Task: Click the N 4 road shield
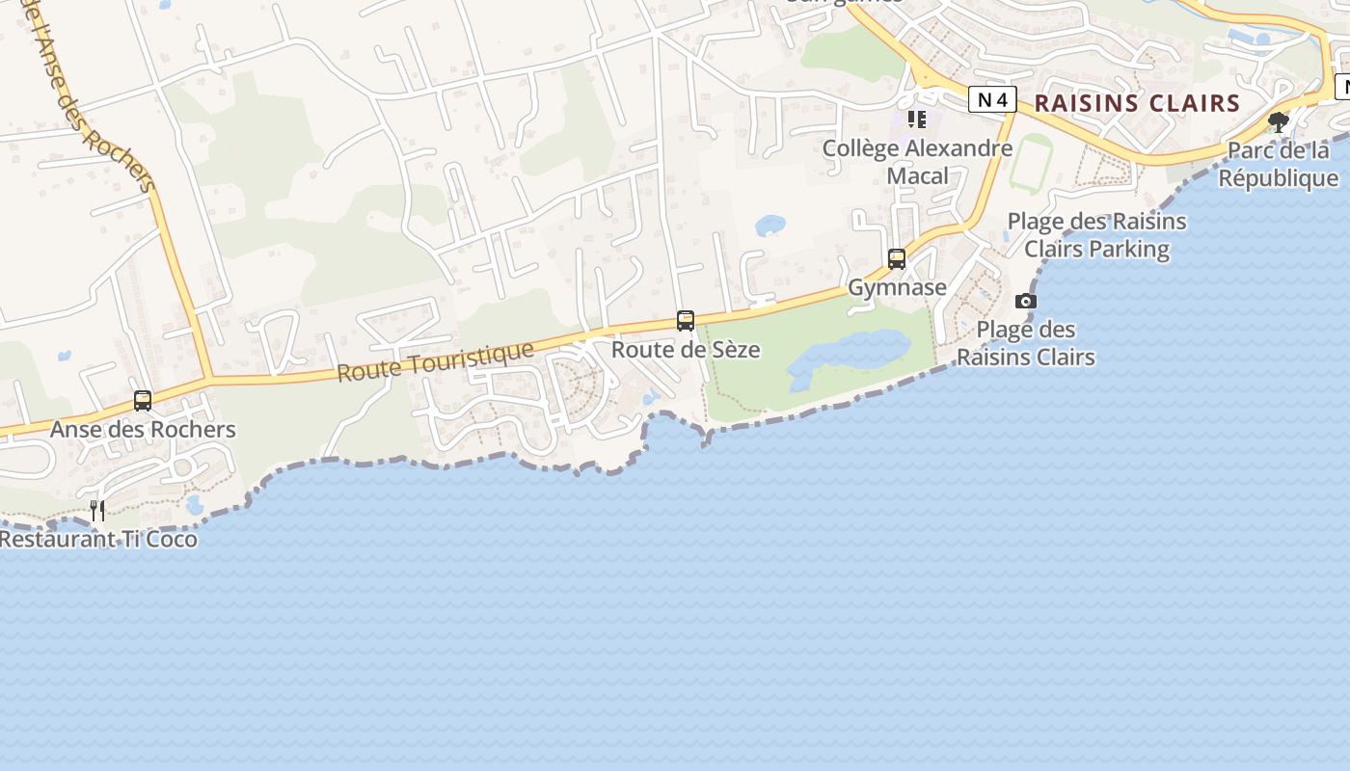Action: point(992,99)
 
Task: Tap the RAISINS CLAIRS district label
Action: point(1137,103)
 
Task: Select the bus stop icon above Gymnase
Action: point(897,258)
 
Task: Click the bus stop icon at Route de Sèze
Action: point(686,320)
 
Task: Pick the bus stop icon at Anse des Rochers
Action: point(143,400)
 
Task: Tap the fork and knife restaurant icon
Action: point(97,510)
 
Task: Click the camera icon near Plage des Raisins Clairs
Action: point(1026,301)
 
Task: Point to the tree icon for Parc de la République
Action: point(1279,122)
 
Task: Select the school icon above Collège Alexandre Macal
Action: point(917,120)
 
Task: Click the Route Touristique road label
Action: point(435,360)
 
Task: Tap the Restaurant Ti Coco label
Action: point(98,539)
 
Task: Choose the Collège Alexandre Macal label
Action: point(917,162)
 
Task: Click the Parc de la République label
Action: point(1279,165)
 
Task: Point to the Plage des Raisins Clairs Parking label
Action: point(1096,235)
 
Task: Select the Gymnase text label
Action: point(897,287)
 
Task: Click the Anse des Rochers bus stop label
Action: point(143,429)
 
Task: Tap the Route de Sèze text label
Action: point(686,349)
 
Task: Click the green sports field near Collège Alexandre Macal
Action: point(1031,164)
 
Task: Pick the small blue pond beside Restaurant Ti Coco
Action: point(195,504)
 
